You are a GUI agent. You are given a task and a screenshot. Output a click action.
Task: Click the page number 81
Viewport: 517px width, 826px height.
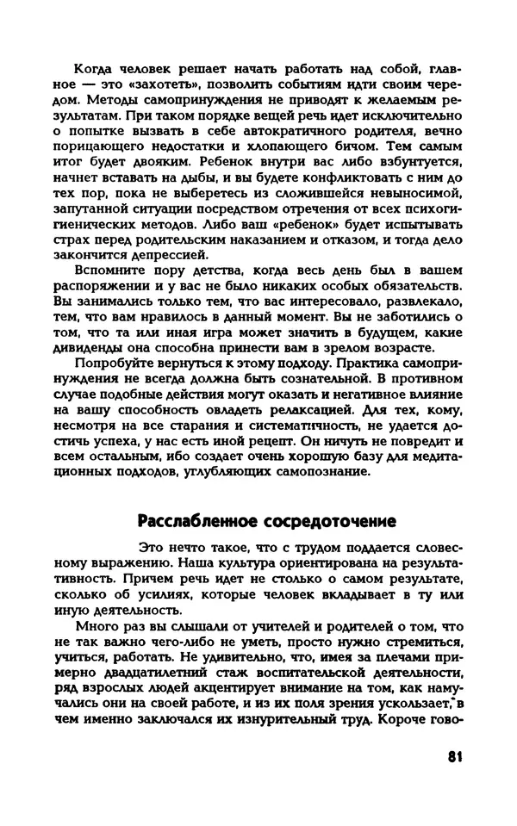[x=456, y=757]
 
